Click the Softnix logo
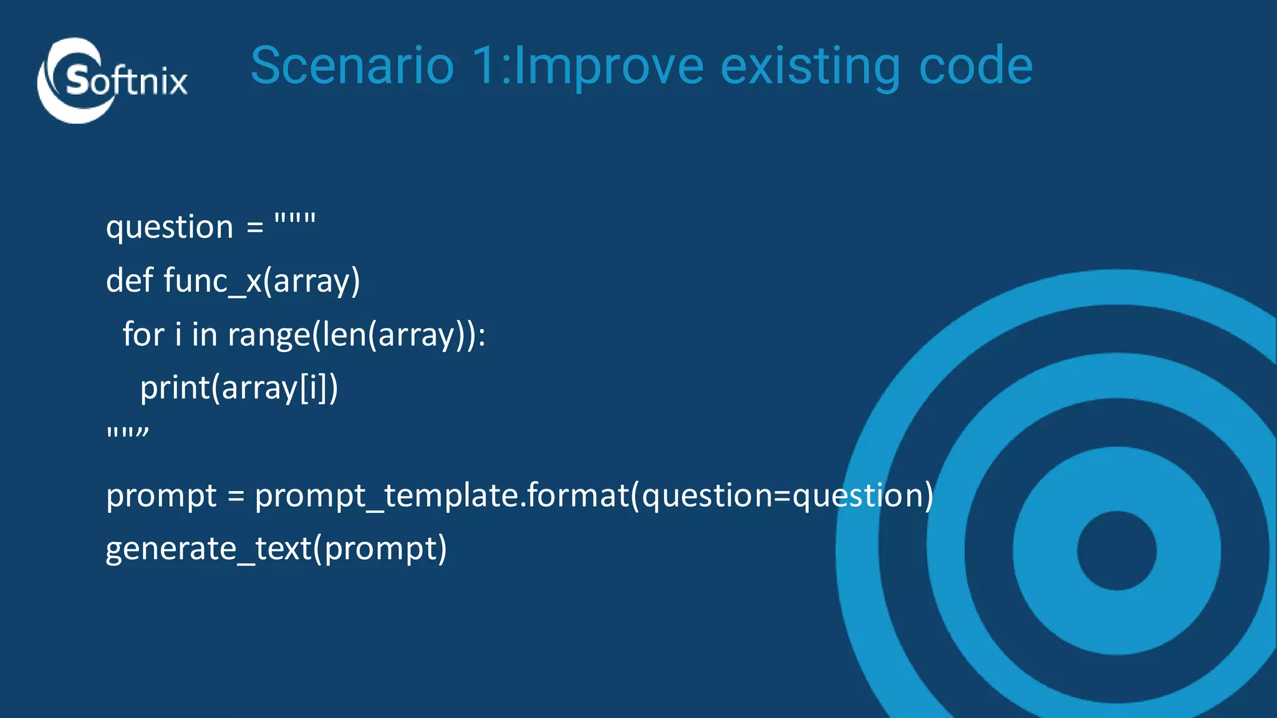(112, 81)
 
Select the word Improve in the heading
(609, 67)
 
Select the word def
(130, 280)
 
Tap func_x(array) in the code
(262, 281)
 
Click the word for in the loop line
(143, 334)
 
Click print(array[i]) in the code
(239, 388)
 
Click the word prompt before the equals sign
(161, 497)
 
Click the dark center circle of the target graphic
(1116, 550)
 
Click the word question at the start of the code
(170, 227)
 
